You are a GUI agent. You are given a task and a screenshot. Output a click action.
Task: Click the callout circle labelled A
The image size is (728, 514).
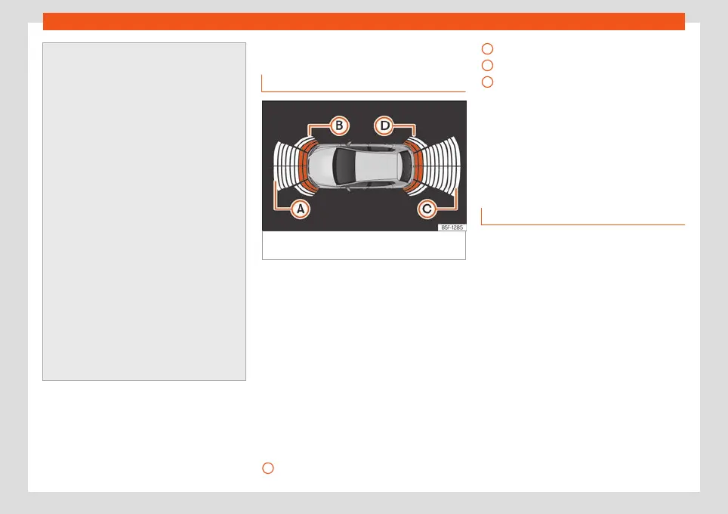301,209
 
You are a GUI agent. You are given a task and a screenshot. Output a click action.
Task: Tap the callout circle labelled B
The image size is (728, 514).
340,125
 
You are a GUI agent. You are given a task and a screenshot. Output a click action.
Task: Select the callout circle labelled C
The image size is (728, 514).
428,209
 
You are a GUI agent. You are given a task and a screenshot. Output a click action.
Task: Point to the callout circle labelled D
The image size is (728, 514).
384,125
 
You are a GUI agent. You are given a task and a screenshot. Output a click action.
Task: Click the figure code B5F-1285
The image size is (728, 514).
452,227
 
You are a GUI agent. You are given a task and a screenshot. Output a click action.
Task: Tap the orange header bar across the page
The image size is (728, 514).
363,21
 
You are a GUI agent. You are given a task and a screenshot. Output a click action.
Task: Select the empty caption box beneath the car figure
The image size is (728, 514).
363,246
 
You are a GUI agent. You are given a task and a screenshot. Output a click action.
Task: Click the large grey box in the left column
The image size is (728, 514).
144,211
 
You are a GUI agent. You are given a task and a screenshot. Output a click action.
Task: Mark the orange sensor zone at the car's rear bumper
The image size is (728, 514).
418,165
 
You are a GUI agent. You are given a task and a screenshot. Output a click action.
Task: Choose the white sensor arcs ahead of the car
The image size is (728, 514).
284,165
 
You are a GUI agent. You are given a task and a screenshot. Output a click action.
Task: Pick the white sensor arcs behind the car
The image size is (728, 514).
442,165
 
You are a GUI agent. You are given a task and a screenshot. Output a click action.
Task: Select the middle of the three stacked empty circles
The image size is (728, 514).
488,65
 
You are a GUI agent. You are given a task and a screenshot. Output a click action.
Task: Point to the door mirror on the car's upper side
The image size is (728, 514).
347,144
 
